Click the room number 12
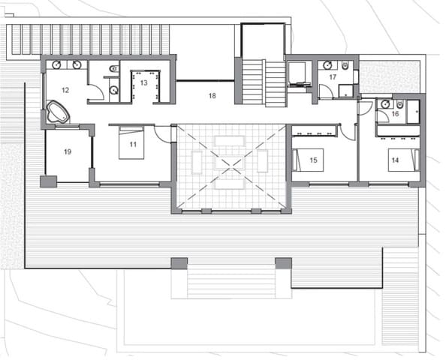[65, 90]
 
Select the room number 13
[143, 82]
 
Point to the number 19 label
[67, 152]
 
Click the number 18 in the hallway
[212, 96]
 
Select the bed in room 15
[303, 160]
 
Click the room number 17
[332, 76]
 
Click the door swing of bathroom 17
[325, 92]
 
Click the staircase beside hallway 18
[264, 82]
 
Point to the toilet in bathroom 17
[345, 66]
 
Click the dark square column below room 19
[48, 181]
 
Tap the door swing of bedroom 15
[347, 132]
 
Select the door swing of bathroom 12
[95, 92]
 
